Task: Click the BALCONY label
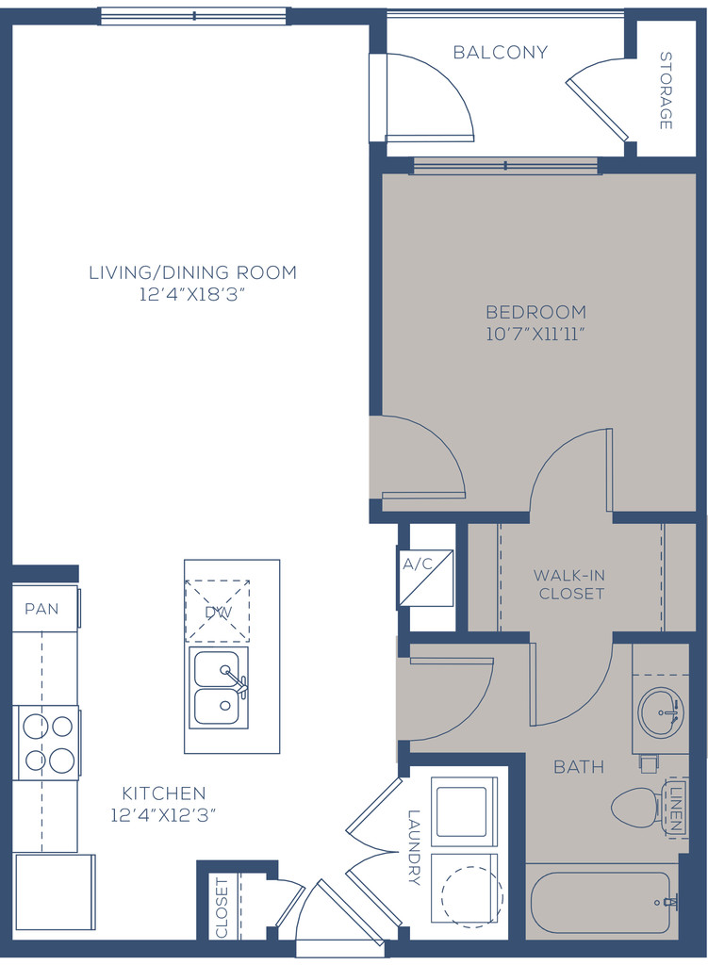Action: pyautogui.click(x=500, y=53)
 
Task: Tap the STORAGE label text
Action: pyautogui.click(x=666, y=90)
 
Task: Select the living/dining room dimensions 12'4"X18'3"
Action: pyautogui.click(x=192, y=295)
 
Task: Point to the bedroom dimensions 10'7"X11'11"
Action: pyautogui.click(x=535, y=335)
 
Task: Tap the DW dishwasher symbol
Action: pyautogui.click(x=218, y=611)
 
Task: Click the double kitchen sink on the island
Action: pyautogui.click(x=219, y=687)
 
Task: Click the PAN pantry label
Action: pyautogui.click(x=41, y=609)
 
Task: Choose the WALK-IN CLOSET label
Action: pyautogui.click(x=570, y=584)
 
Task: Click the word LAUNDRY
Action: pyautogui.click(x=414, y=847)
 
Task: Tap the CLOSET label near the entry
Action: pyautogui.click(x=222, y=908)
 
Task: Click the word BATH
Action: pyautogui.click(x=579, y=767)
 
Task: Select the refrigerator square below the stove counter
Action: pyautogui.click(x=54, y=891)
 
